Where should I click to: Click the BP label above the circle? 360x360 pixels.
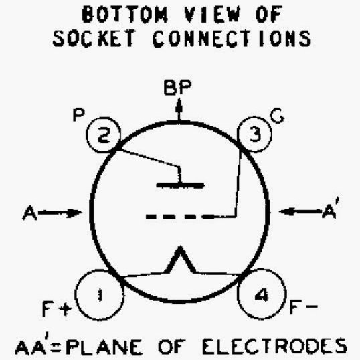[x=178, y=87]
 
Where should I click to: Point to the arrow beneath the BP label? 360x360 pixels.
[x=179, y=109]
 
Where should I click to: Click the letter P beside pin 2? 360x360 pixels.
[x=78, y=115]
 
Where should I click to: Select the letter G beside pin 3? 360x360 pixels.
[x=277, y=116]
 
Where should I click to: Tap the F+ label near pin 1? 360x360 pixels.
[x=57, y=308]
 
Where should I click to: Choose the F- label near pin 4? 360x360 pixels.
[x=304, y=306]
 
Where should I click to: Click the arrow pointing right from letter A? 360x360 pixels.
[x=60, y=213]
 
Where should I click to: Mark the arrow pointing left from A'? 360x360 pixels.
[x=300, y=211]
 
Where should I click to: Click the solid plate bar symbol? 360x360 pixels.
[x=180, y=185]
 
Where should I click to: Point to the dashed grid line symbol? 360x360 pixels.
[x=180, y=217]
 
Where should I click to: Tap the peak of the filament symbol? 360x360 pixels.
[x=181, y=247]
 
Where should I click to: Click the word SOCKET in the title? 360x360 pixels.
[x=94, y=39]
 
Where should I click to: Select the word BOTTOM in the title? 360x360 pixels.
[x=124, y=14]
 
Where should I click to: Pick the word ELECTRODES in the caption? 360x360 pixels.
[x=274, y=346]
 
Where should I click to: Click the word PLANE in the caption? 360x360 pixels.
[x=104, y=346]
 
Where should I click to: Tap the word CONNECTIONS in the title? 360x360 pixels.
[x=232, y=39]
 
